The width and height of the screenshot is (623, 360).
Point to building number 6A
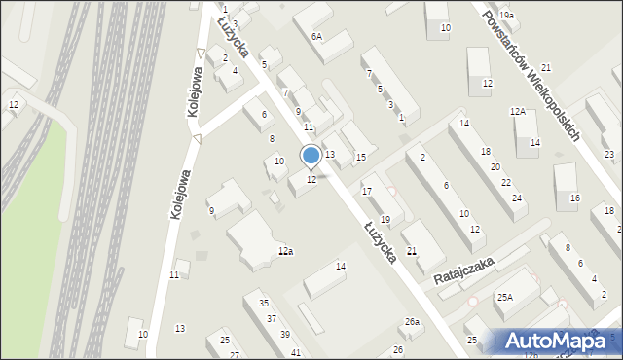[316, 36]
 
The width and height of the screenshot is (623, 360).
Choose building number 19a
[507, 17]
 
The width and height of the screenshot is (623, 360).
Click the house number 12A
[518, 112]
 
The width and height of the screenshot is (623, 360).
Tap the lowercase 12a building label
[285, 251]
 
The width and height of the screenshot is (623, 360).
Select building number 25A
[504, 297]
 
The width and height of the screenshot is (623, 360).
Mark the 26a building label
[413, 322]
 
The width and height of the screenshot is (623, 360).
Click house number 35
[264, 304]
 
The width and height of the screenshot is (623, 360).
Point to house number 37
[273, 319]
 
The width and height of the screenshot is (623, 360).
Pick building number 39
[284, 335]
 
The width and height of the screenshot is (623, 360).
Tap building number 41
[296, 351]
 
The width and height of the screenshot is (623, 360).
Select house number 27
[235, 355]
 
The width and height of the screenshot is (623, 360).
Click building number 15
[360, 158]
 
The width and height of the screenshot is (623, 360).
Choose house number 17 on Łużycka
[367, 191]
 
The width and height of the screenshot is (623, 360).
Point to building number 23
[609, 156]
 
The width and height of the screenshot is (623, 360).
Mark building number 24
[518, 198]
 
